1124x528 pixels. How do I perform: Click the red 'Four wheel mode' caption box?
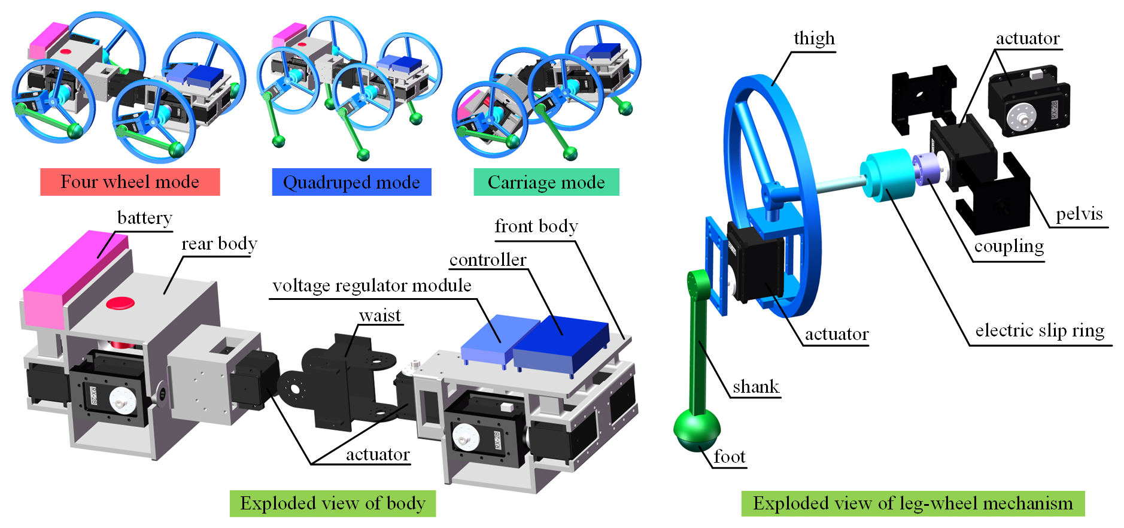[130, 182]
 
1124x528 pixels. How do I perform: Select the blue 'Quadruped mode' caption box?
[351, 182]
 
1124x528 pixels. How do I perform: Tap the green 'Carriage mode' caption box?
[546, 182]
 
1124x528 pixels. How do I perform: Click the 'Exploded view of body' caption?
[332, 503]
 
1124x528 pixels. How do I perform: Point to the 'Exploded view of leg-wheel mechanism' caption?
[912, 503]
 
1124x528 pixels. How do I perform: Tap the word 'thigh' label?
[813, 38]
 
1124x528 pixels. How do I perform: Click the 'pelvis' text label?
[1079, 214]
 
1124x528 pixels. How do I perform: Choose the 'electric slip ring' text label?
[1039, 330]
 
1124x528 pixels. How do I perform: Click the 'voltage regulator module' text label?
[372, 286]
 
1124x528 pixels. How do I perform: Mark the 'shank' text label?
[755, 387]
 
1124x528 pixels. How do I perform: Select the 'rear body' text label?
[219, 244]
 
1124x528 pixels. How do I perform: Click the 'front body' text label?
[536, 226]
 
